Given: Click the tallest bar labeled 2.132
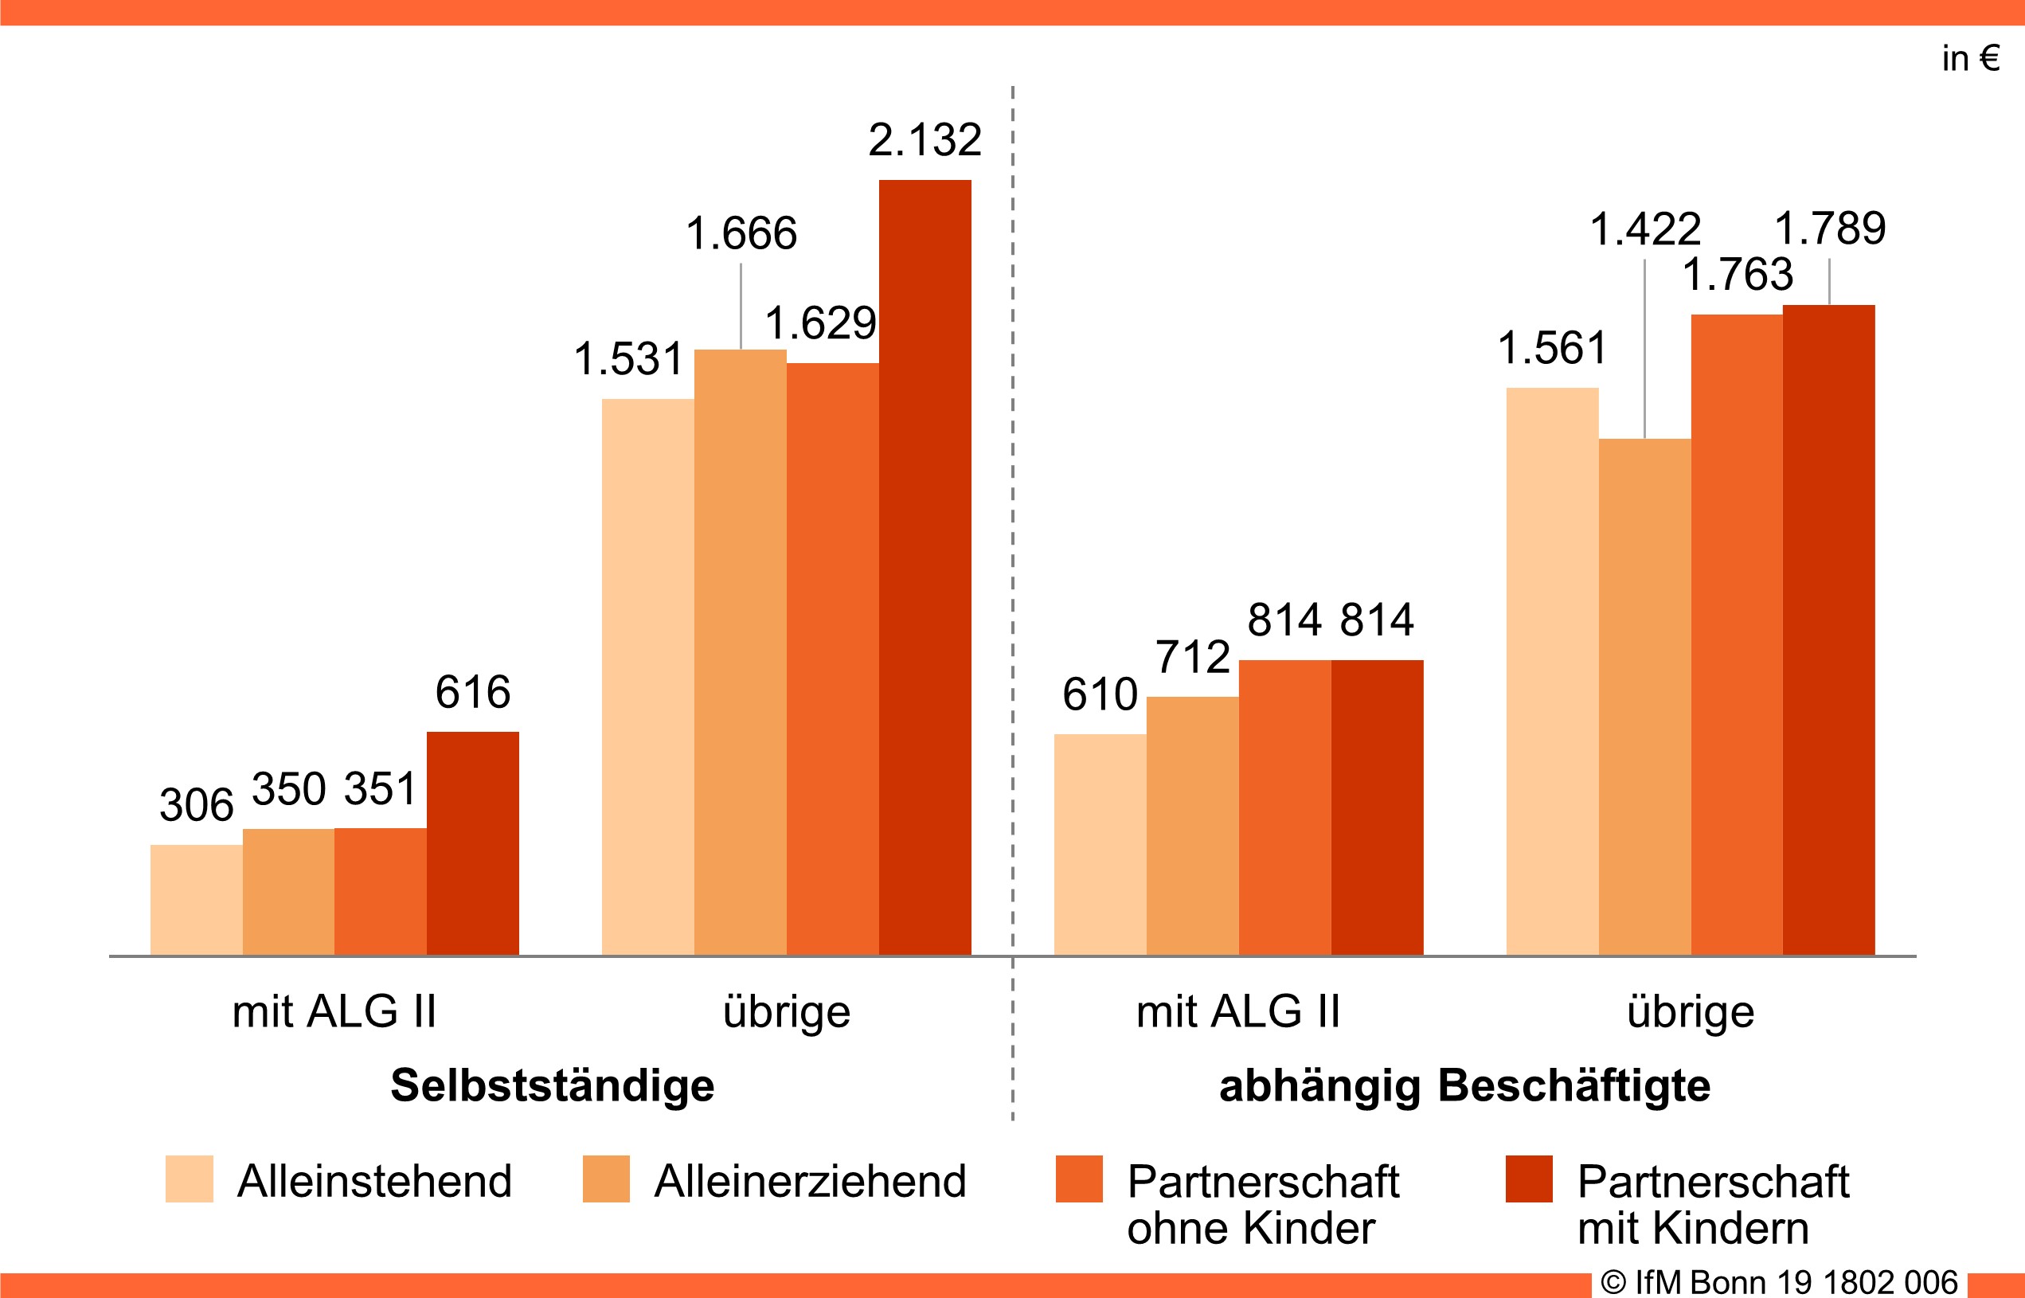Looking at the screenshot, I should click(x=925, y=566).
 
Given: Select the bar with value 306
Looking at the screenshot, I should click(x=197, y=898).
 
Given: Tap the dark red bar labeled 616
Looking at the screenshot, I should click(x=473, y=843).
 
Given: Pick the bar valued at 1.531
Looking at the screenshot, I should click(x=647, y=676).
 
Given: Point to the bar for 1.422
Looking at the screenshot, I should click(x=1644, y=696).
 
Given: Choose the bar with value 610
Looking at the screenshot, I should click(x=1100, y=844).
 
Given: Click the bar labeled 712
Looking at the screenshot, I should click(x=1192, y=825).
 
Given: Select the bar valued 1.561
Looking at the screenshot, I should click(x=1551, y=671).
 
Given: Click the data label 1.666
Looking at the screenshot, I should click(x=741, y=233).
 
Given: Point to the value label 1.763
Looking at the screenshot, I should click(x=1738, y=274).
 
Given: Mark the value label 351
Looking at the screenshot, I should click(x=380, y=789).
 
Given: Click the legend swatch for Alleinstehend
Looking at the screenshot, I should click(x=189, y=1179).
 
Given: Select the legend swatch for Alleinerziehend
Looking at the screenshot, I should click(x=606, y=1179).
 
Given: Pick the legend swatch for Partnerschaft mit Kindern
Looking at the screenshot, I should click(x=1529, y=1179).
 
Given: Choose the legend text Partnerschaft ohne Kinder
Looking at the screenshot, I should click(x=1262, y=1203).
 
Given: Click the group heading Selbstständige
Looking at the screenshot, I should click(x=552, y=1085).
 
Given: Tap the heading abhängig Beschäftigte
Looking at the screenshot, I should click(x=1464, y=1085).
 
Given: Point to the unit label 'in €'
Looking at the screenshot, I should click(x=1970, y=58).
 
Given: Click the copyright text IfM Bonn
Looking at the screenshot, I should click(x=1778, y=1282).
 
